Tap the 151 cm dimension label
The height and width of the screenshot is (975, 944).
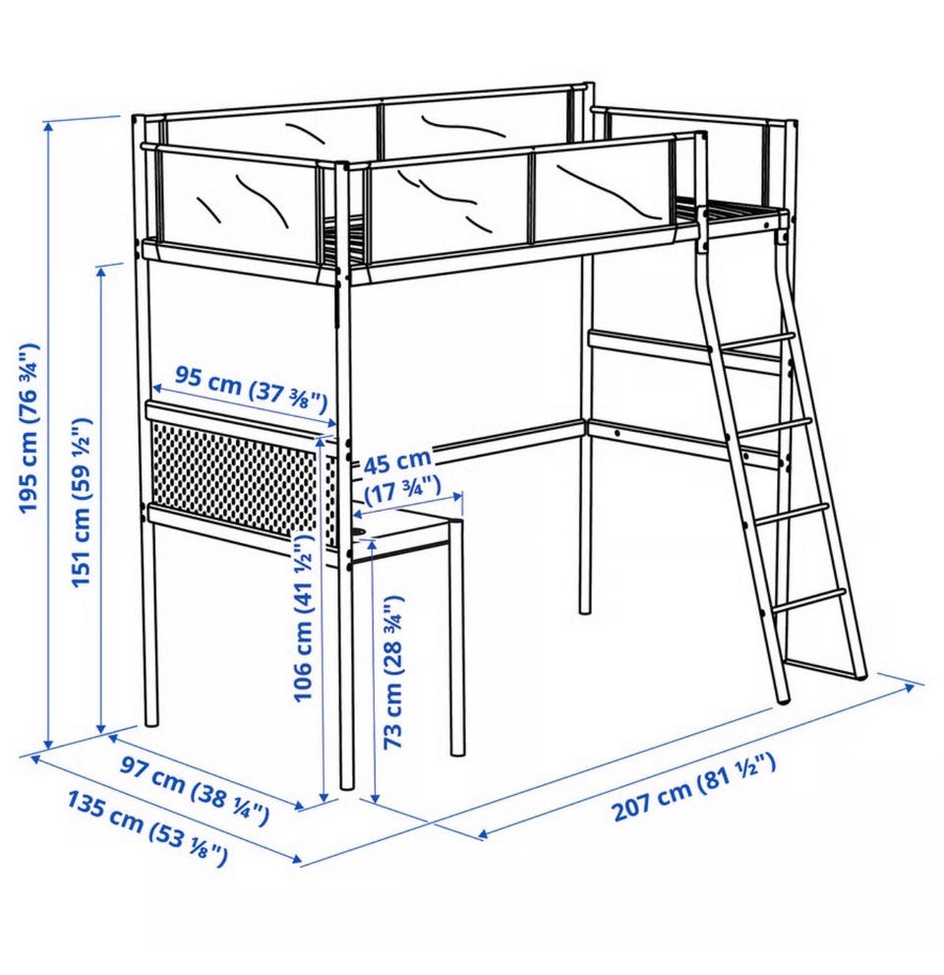82,501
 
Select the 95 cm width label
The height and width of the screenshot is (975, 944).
251,390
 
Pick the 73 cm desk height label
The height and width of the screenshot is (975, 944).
393,672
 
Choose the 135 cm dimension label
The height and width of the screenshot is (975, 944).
147,827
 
